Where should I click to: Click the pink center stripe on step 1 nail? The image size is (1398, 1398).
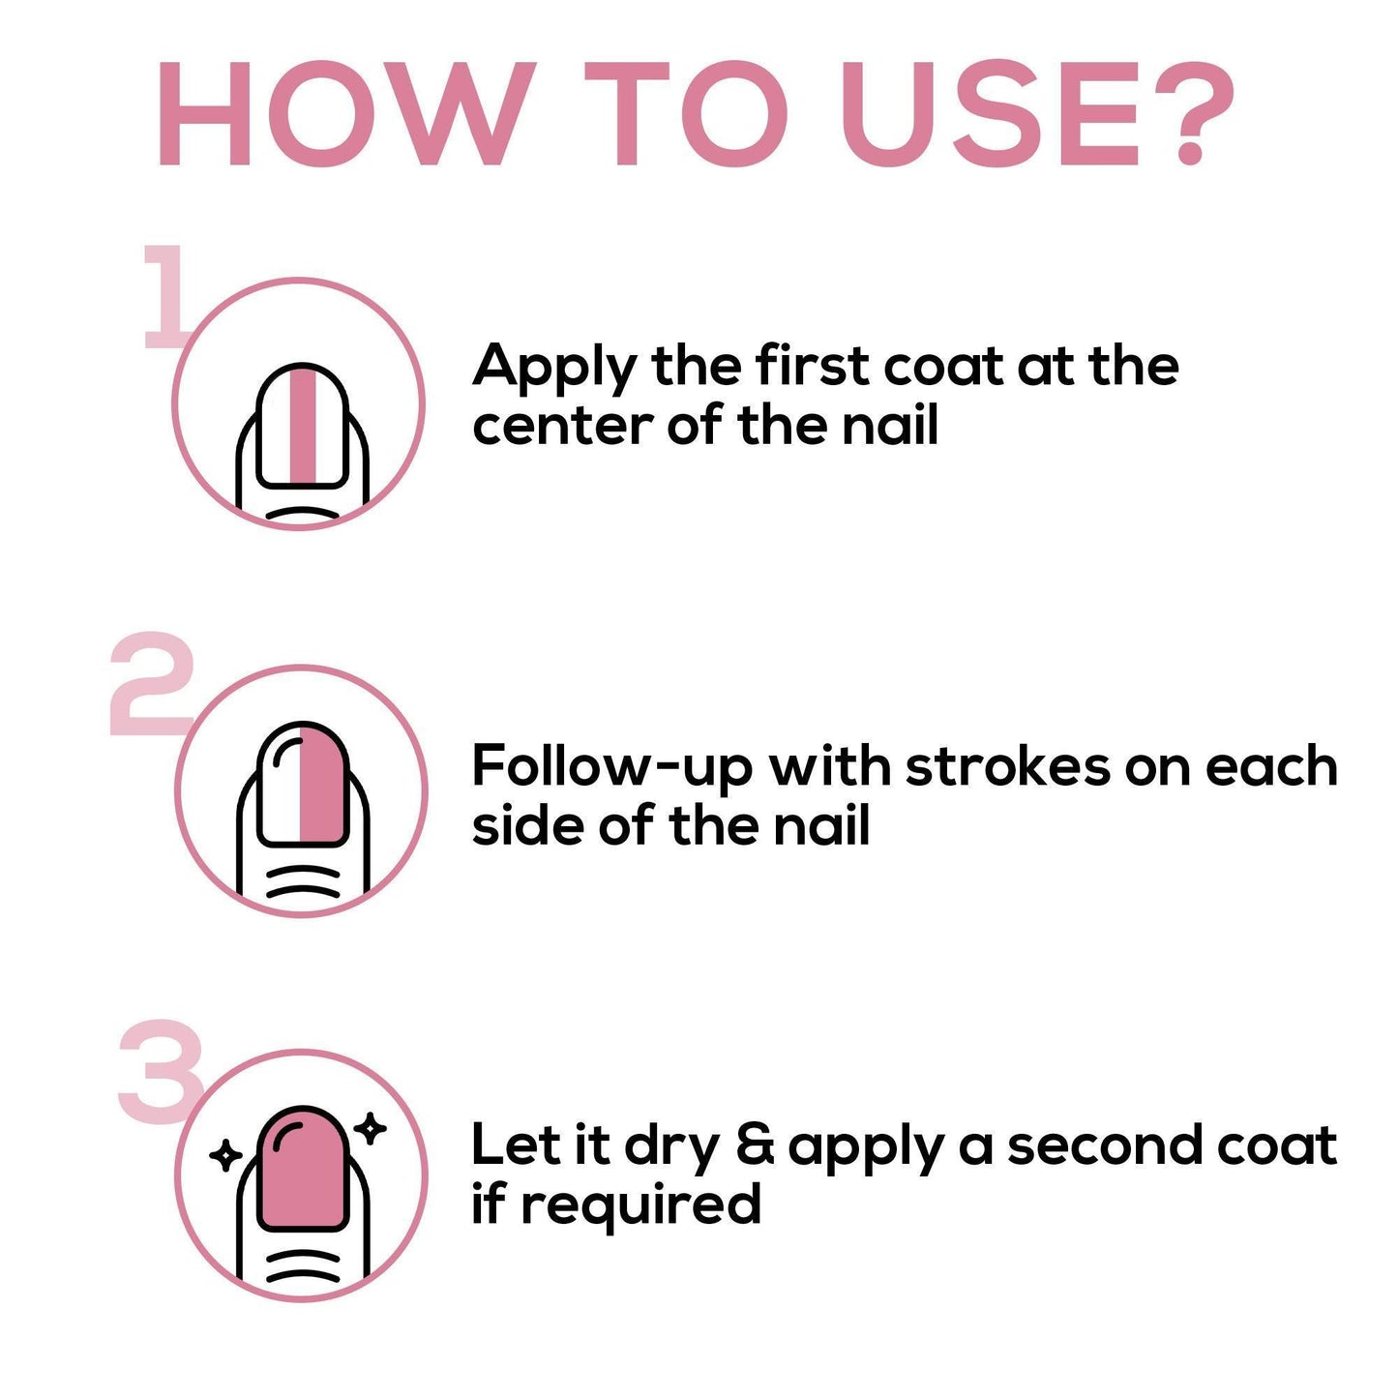click(303, 426)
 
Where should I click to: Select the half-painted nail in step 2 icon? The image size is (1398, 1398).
click(302, 785)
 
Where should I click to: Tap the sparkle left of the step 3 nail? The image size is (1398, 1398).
click(225, 1154)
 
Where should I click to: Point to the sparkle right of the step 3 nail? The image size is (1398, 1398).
click(371, 1128)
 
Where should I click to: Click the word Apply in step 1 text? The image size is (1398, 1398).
click(554, 369)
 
